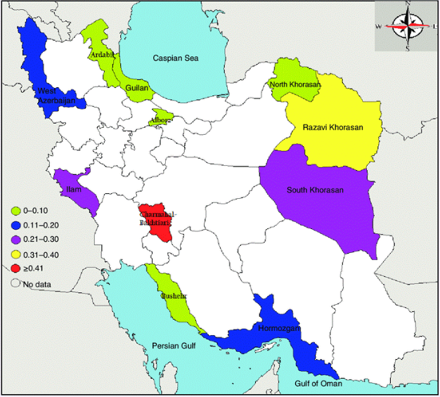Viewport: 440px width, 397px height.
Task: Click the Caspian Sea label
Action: coord(176,58)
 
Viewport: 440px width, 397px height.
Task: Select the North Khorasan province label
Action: coord(295,85)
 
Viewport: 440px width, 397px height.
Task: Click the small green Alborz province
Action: coord(161,118)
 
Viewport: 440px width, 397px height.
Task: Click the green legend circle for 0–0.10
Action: coord(15,210)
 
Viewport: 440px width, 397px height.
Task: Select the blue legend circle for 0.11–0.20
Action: coord(15,225)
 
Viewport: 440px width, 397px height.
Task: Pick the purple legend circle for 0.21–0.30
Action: coord(15,240)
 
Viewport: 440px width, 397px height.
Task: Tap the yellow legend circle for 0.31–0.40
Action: coord(15,254)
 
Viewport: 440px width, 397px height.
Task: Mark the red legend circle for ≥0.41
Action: coord(15,269)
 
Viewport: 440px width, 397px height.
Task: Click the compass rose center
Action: coord(407,26)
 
